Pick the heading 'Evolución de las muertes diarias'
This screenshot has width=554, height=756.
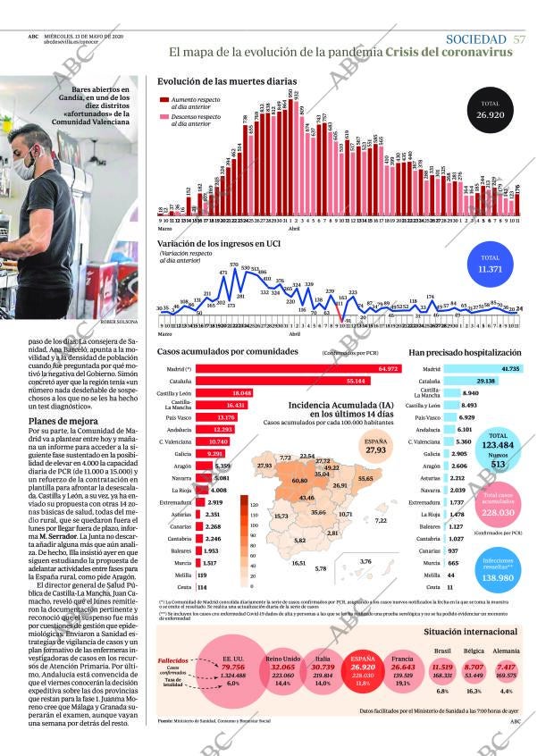tap(227, 80)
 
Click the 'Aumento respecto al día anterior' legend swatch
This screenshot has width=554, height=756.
tap(164, 102)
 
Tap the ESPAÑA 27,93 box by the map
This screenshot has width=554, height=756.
tap(375, 446)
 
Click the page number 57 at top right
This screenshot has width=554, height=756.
tap(519, 39)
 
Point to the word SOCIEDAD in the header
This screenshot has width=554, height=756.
tap(476, 39)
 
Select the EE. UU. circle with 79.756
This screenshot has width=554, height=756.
tap(234, 670)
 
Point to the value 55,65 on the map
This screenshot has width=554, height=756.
tap(365, 479)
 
